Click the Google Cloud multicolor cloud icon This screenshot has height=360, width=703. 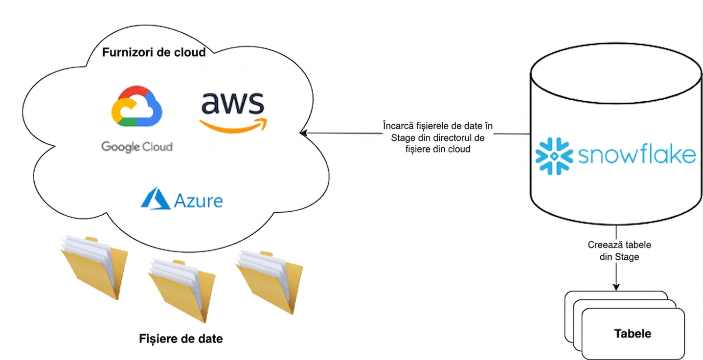(137, 106)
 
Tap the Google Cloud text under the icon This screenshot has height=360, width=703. (137, 147)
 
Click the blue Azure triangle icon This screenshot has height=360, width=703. (156, 199)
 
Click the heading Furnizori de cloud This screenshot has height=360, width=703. (154, 52)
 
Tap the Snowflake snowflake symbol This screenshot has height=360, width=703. (554, 156)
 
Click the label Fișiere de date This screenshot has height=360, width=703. (181, 338)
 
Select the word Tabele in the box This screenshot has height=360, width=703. (633, 333)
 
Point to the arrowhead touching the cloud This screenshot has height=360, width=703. (303, 134)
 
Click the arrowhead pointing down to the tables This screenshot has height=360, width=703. (616, 287)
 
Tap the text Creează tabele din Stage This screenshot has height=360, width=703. (619, 250)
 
